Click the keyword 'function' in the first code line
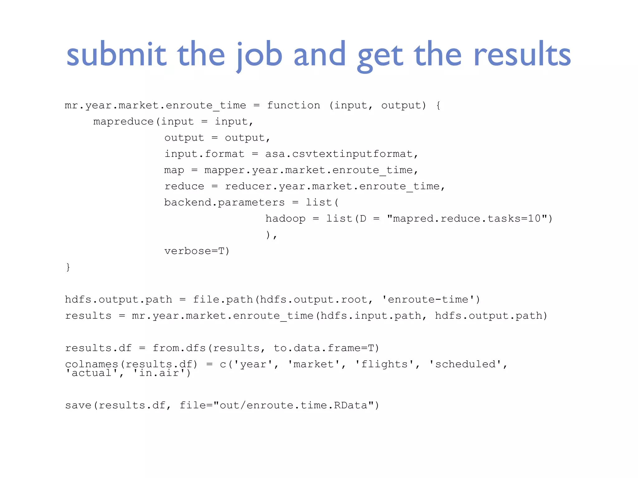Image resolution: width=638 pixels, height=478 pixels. [x=293, y=105]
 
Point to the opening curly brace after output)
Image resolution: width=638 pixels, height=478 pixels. [x=438, y=105]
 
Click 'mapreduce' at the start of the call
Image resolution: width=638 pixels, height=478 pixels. [x=124, y=122]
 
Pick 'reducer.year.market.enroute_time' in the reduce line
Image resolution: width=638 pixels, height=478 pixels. [x=332, y=186]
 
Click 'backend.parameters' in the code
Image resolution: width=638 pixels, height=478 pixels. [x=224, y=203]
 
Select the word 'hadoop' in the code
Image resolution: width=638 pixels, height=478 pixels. [x=285, y=219]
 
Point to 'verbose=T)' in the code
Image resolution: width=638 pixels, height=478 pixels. [x=197, y=251]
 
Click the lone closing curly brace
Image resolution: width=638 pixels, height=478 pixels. [x=68, y=267]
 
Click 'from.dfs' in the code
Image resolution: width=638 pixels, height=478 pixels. [x=179, y=348]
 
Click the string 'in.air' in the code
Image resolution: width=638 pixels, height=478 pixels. [x=159, y=373]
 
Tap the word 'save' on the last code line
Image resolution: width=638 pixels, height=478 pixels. [x=78, y=405]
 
